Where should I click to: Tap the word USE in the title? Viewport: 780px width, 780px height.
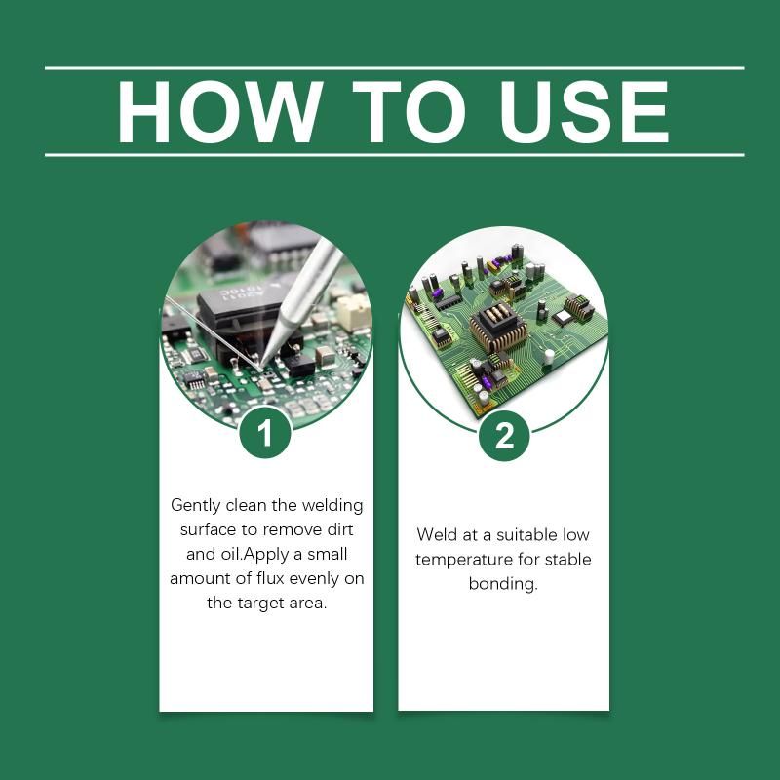click(584, 111)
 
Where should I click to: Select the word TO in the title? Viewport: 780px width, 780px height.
click(409, 111)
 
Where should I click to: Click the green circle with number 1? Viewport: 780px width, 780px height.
click(264, 433)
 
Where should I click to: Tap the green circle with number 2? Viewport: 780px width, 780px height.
click(504, 436)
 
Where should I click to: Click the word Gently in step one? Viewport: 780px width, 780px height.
click(196, 506)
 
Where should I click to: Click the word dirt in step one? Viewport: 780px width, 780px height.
click(340, 529)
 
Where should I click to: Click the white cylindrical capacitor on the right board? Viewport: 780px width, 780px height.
click(550, 356)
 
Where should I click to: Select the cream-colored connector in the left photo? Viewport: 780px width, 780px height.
click(354, 312)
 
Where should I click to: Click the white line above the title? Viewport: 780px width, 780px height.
click(395, 68)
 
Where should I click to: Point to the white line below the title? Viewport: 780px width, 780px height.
click(395, 155)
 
